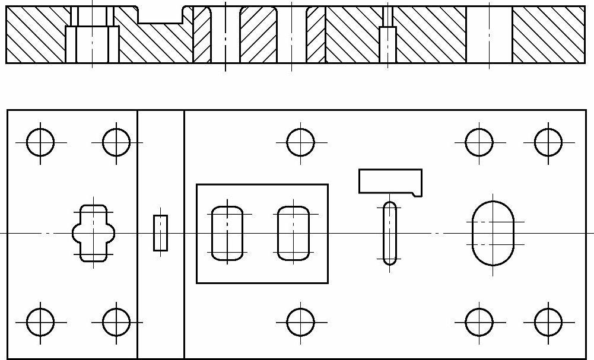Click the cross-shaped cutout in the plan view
point(93,233)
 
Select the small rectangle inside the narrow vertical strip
point(160,233)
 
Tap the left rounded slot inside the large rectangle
point(227,233)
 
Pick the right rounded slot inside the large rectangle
point(293,233)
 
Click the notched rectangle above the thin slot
point(389,181)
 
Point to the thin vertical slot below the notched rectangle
point(390,233)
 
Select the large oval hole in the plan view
point(493,233)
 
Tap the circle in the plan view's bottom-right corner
point(548,322)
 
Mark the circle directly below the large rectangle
point(300,322)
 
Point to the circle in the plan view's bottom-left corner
point(40,322)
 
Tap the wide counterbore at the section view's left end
point(92,44)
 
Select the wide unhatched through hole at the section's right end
point(489,34)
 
